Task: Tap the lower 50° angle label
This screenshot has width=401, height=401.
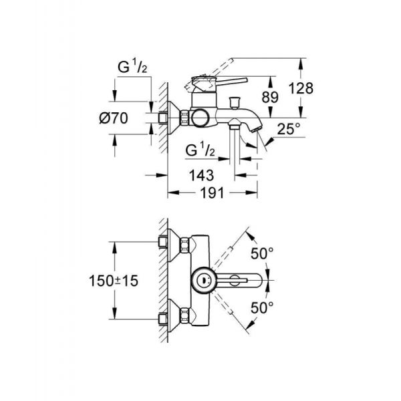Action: point(263,307)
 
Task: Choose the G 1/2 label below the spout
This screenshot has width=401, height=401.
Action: point(200,148)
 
